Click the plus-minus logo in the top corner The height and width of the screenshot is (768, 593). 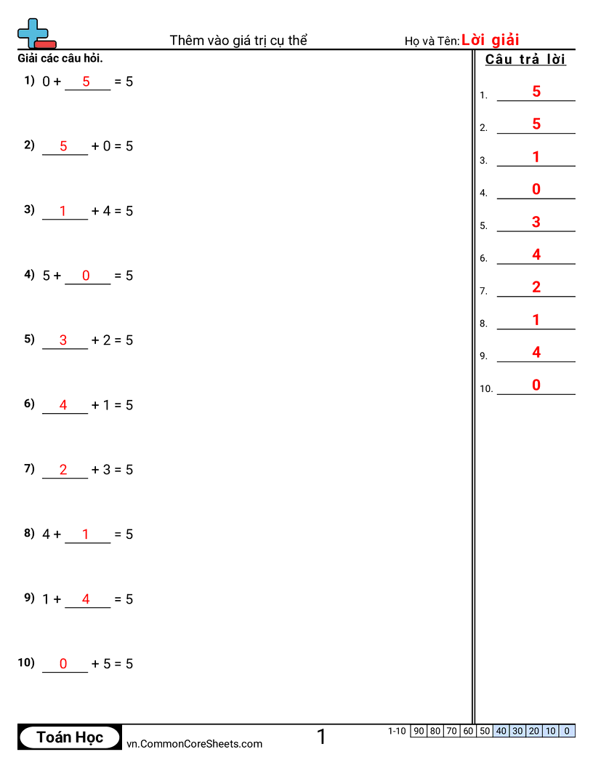pyautogui.click(x=36, y=33)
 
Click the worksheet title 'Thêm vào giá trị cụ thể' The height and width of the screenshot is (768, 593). pyautogui.click(x=238, y=40)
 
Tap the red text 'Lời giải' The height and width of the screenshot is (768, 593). pyautogui.click(x=490, y=40)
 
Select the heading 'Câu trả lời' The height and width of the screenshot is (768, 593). pyautogui.click(x=525, y=60)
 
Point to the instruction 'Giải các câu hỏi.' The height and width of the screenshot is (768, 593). pyautogui.click(x=60, y=58)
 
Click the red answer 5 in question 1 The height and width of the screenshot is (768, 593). pyautogui.click(x=86, y=81)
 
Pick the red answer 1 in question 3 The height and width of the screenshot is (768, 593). pyautogui.click(x=63, y=211)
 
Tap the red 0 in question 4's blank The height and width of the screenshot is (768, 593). pyautogui.click(x=86, y=276)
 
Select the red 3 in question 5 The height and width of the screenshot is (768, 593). pyautogui.click(x=63, y=340)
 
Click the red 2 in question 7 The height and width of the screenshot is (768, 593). pyautogui.click(x=63, y=470)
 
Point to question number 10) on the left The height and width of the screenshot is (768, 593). pyautogui.click(x=26, y=663)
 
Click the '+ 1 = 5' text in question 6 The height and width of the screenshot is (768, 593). pyautogui.click(x=112, y=405)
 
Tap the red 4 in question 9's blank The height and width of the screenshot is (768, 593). pyautogui.click(x=86, y=599)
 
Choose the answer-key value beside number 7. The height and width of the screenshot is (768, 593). pyautogui.click(x=536, y=287)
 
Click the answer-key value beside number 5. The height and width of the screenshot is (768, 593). pyautogui.click(x=536, y=222)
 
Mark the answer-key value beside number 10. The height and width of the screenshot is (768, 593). pyautogui.click(x=536, y=385)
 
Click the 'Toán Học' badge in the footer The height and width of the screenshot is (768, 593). pyautogui.click(x=70, y=737)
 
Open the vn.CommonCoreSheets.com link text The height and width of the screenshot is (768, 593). pyautogui.click(x=194, y=743)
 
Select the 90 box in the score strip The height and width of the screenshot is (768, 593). pyautogui.click(x=419, y=731)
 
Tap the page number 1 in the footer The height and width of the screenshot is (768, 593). pyautogui.click(x=321, y=737)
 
